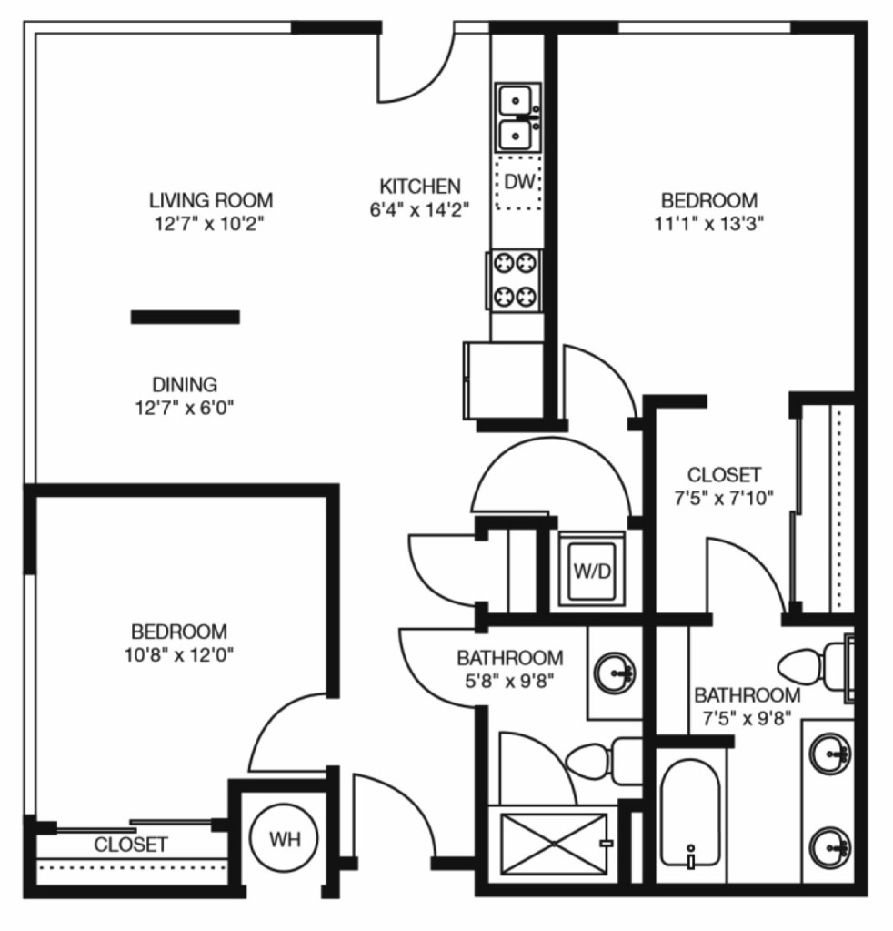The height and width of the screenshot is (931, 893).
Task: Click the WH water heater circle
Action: pyautogui.click(x=285, y=840)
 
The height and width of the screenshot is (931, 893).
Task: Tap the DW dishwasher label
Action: pyautogui.click(x=519, y=182)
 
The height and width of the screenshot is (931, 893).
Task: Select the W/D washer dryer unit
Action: pyautogui.click(x=592, y=570)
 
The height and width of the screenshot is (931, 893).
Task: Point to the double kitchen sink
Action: pyautogui.click(x=518, y=117)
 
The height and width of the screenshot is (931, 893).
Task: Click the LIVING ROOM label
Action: pyautogui.click(x=211, y=200)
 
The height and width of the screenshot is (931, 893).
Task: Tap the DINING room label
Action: pyautogui.click(x=185, y=384)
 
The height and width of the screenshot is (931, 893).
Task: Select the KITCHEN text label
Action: pyautogui.click(x=420, y=186)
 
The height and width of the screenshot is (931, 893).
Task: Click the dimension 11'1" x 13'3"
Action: pyautogui.click(x=708, y=224)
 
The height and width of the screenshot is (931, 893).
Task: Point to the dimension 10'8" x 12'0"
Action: pyautogui.click(x=179, y=654)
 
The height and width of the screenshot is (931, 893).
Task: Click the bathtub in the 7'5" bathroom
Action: pyautogui.click(x=691, y=814)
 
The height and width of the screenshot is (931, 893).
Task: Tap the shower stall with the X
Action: pyautogui.click(x=554, y=843)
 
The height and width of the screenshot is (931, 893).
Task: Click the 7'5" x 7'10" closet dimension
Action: pyautogui.click(x=724, y=498)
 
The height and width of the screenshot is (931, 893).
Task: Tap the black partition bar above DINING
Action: pyautogui.click(x=186, y=317)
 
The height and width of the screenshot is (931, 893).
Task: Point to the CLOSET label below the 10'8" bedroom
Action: pyautogui.click(x=131, y=845)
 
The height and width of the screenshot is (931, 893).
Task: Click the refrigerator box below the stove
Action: pyautogui.click(x=504, y=380)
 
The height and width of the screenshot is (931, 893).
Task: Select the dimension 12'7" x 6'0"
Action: pyautogui.click(x=185, y=408)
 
